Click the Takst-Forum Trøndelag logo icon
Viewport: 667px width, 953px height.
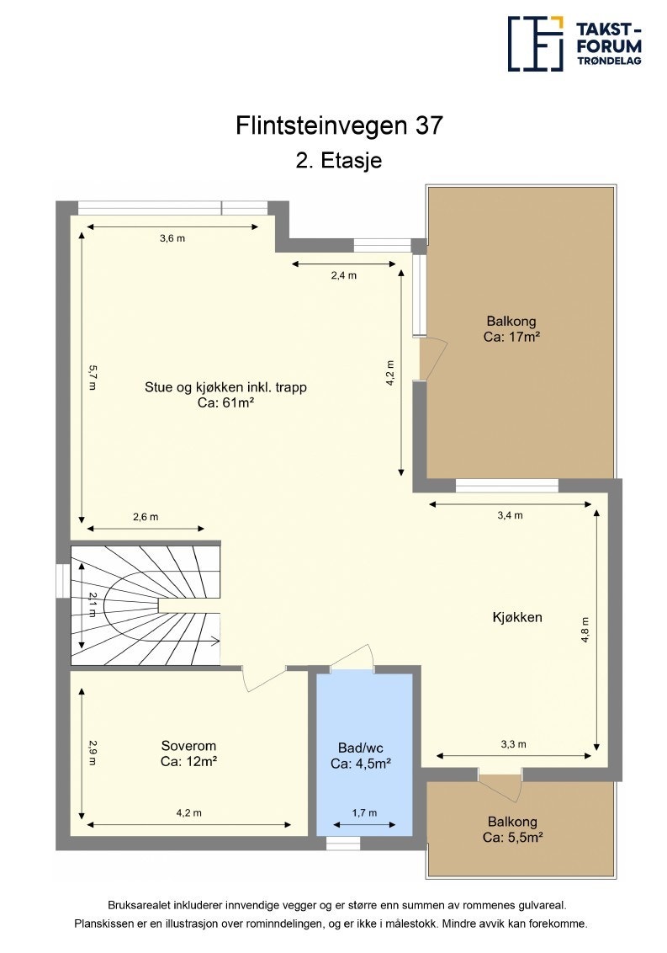coord(536,43)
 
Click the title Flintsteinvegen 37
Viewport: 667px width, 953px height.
coord(339,125)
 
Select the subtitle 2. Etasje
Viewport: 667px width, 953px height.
coord(339,161)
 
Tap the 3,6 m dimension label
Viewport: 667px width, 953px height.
coord(172,238)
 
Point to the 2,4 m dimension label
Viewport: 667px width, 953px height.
coord(344,275)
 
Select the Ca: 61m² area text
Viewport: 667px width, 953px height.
coord(225,402)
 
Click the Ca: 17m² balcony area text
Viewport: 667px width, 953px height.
coord(511,337)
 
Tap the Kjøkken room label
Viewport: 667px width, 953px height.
coord(517,617)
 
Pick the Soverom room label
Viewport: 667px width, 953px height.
coord(188,746)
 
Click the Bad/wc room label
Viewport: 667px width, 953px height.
coord(361,748)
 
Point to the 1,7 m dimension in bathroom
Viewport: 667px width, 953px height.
coord(364,812)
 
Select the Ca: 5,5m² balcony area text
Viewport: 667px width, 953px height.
coord(512,837)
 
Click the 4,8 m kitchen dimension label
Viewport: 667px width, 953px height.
coord(585,630)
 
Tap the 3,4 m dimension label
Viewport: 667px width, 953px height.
coord(511,515)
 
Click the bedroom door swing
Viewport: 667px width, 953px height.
coord(264,679)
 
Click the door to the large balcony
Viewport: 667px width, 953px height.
coord(433,359)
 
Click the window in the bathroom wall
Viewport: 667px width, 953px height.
coord(343,844)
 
